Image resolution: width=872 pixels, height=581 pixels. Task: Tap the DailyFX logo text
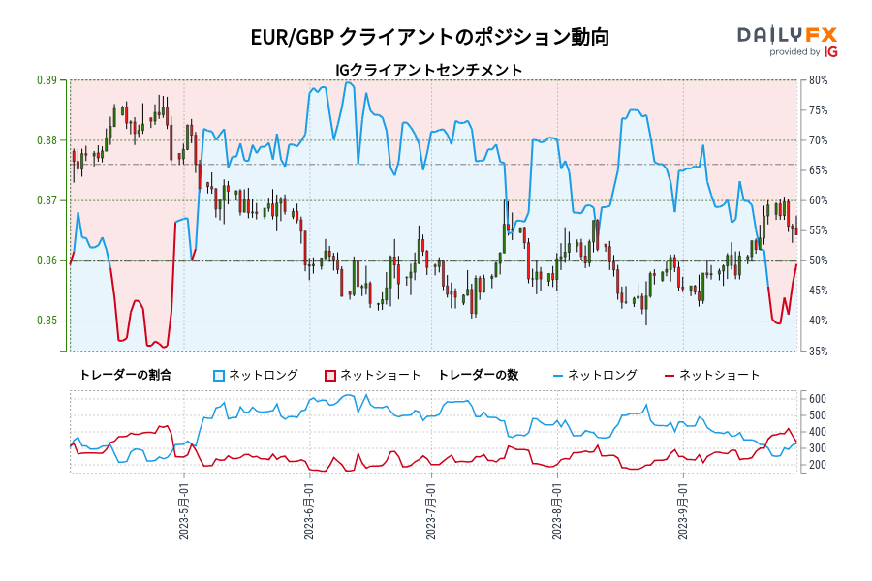pyautogui.click(x=787, y=34)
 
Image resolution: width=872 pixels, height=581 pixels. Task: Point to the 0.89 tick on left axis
pyautogui.click(x=46, y=80)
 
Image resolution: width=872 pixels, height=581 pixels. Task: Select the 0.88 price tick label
pyautogui.click(x=46, y=140)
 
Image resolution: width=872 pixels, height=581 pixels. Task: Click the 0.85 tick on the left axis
pyautogui.click(x=46, y=321)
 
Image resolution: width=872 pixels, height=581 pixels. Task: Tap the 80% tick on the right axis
pyautogui.click(x=818, y=80)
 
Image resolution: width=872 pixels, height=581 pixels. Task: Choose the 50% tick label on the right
pyautogui.click(x=818, y=260)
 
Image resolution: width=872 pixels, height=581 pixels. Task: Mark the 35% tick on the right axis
pyautogui.click(x=818, y=351)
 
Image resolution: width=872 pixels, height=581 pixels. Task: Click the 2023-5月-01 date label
pyautogui.click(x=184, y=513)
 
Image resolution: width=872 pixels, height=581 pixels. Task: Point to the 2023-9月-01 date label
pyautogui.click(x=684, y=513)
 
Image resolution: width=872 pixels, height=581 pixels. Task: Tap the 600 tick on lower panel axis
pyautogui.click(x=817, y=399)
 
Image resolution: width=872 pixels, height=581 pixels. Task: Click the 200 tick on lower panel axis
pyautogui.click(x=817, y=465)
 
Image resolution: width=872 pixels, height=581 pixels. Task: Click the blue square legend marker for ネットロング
pyautogui.click(x=219, y=375)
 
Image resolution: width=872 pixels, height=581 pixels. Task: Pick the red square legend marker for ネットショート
pyautogui.click(x=329, y=375)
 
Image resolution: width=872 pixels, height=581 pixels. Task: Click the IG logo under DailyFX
pyautogui.click(x=829, y=52)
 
